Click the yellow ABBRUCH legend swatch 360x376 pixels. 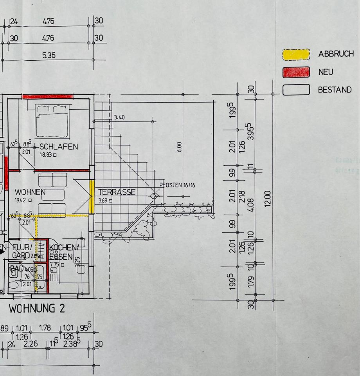click(x=296, y=54)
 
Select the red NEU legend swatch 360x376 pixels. click(x=296, y=72)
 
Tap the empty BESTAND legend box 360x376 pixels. click(x=296, y=90)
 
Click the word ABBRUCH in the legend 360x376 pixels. click(x=336, y=54)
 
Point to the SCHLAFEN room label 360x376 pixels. click(x=59, y=147)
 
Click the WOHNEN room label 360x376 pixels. click(x=30, y=192)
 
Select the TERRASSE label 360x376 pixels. click(x=117, y=192)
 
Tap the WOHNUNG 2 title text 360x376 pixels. click(x=37, y=309)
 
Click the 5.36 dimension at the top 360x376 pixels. click(x=49, y=55)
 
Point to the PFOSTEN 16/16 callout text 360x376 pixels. click(x=177, y=185)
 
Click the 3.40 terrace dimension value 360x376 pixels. click(x=119, y=117)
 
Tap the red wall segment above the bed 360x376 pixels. click(x=47, y=96)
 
